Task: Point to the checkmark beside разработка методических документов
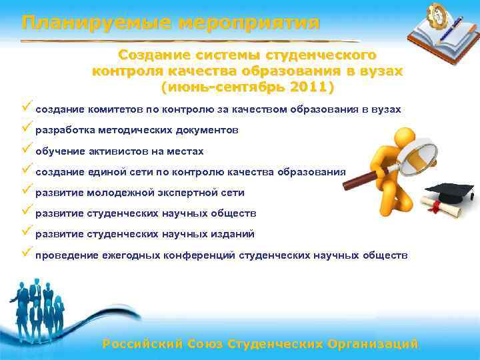[x=27, y=128]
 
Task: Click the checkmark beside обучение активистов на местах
[x=27, y=149]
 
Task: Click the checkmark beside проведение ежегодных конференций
[x=27, y=253]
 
